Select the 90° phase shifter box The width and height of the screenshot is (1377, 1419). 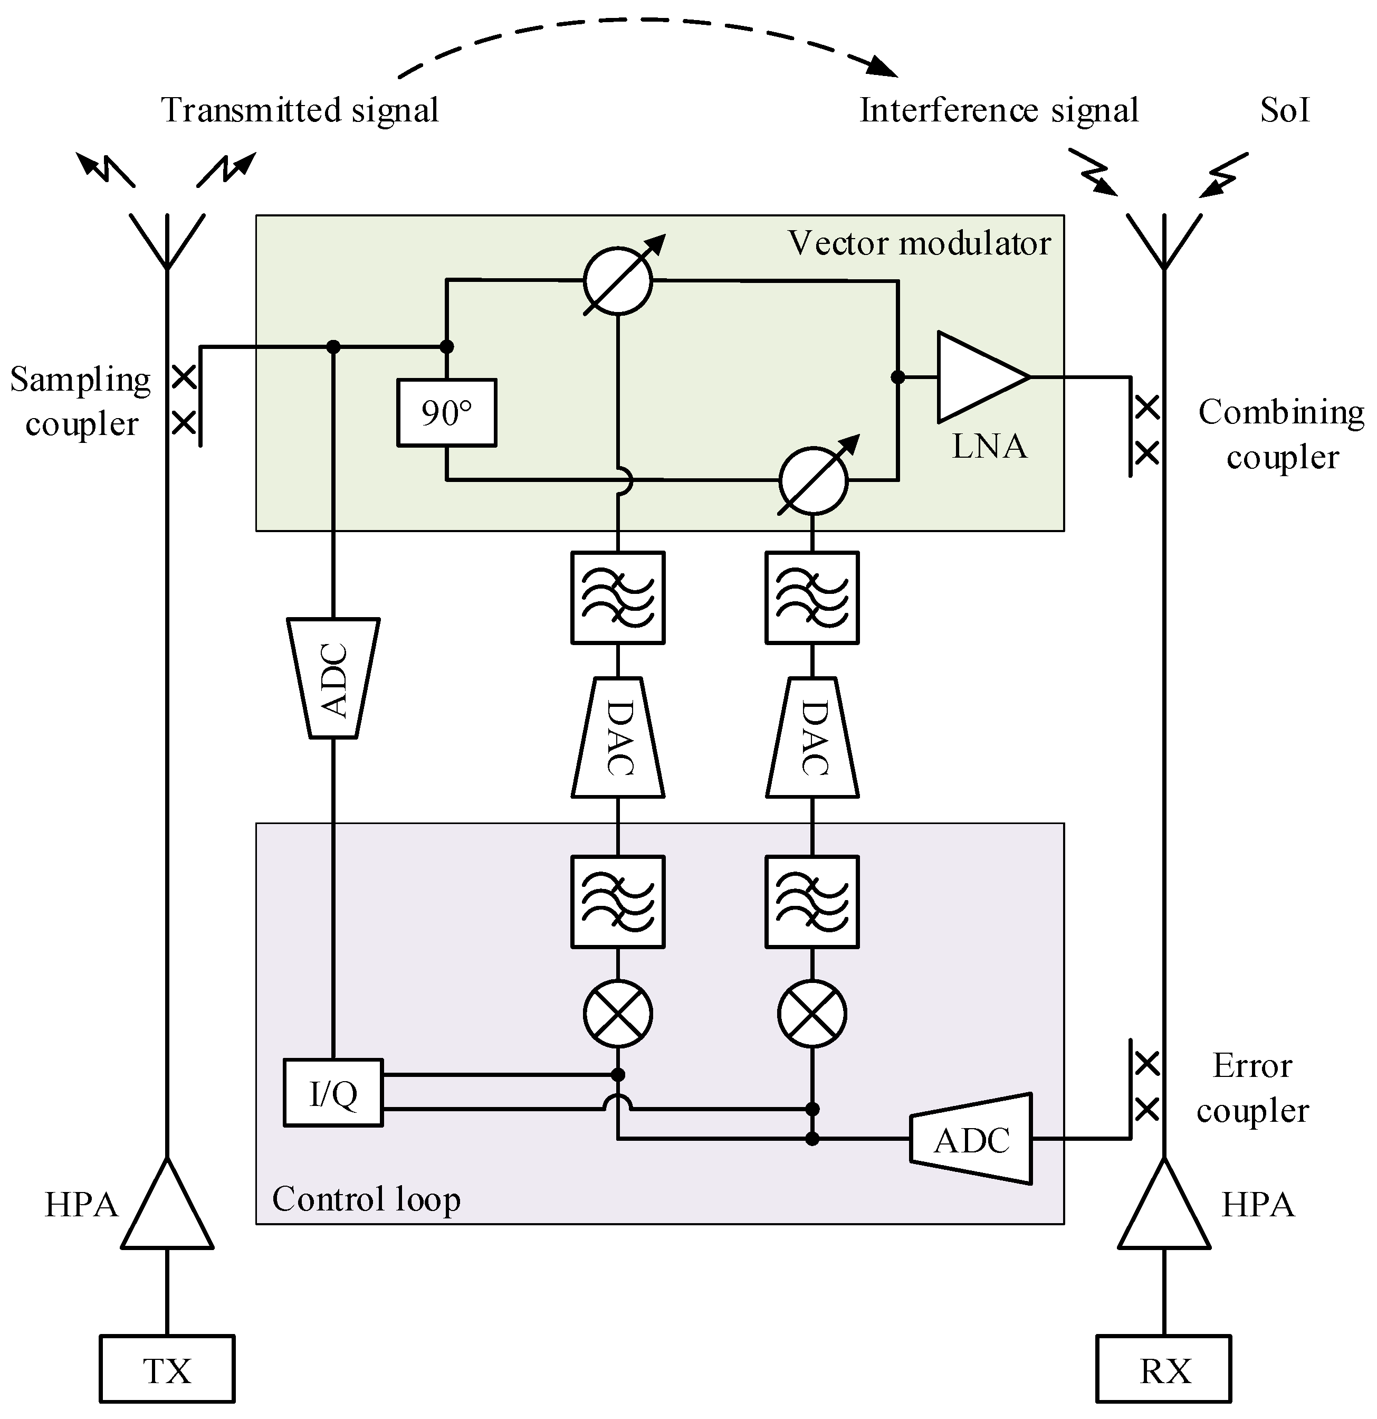coord(446,413)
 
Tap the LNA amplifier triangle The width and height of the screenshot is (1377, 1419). coord(977,377)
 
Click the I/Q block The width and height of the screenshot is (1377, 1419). coord(333,1093)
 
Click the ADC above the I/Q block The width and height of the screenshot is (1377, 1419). coord(333,678)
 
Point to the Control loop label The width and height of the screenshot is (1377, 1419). coord(366,1199)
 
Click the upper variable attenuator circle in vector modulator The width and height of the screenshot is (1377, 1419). coord(618,281)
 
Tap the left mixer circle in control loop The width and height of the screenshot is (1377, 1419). coord(618,1014)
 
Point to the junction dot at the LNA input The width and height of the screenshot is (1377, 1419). coord(897,377)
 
